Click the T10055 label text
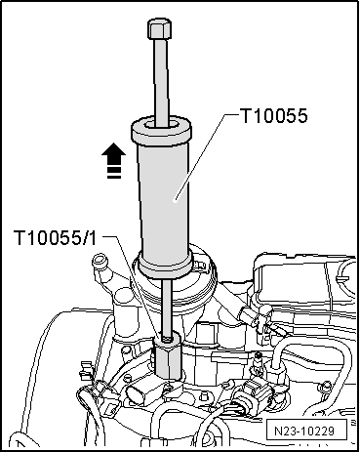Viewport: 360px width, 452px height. [273, 116]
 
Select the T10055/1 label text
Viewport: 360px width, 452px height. [55, 238]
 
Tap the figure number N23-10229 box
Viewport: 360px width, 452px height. [304, 431]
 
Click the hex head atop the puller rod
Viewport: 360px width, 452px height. [159, 28]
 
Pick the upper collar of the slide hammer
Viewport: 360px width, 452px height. [161, 130]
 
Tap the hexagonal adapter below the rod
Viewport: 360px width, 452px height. [168, 358]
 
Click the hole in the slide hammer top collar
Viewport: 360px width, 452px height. [161, 124]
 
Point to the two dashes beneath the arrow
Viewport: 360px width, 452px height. [113, 174]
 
